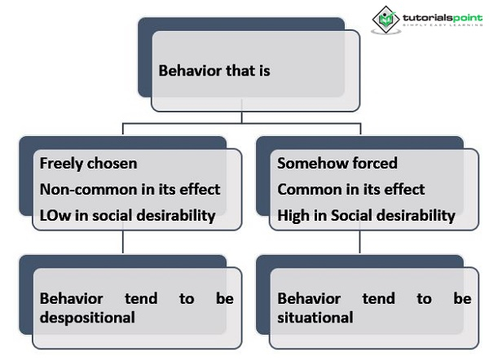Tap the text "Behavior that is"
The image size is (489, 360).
tap(214, 71)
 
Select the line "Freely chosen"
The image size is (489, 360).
tap(88, 163)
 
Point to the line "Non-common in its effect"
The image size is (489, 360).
tap(130, 189)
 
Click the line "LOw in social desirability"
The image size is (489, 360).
tap(127, 215)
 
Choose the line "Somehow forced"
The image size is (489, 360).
tap(337, 163)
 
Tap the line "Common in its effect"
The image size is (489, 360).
tap(350, 189)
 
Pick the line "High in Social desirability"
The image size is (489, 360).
tap(366, 215)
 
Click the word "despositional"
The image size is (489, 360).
tap(87, 317)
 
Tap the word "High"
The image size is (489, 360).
tap(293, 215)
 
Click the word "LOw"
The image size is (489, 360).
tap(54, 215)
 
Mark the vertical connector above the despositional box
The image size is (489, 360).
tap(122, 241)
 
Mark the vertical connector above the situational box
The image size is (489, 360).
tap(359, 241)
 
